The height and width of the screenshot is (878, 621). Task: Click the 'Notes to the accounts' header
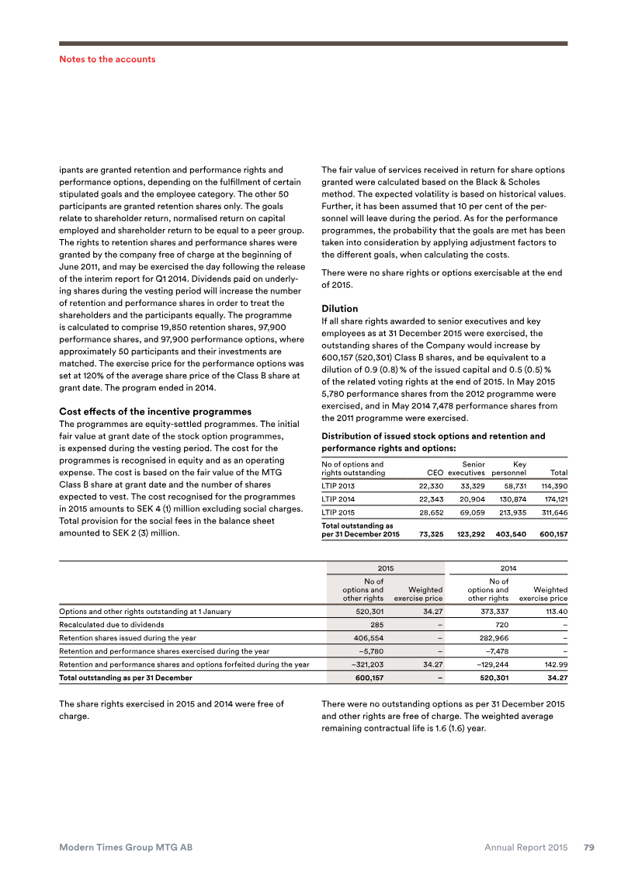coord(107,59)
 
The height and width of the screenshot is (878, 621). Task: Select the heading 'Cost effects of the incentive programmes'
coord(155,411)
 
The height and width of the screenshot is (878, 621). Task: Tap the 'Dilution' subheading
coord(339,308)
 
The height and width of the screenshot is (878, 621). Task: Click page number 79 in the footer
coord(589,848)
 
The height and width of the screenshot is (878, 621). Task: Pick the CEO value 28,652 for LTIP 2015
coord(426,513)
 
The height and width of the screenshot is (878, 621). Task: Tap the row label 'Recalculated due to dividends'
coord(112,624)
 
